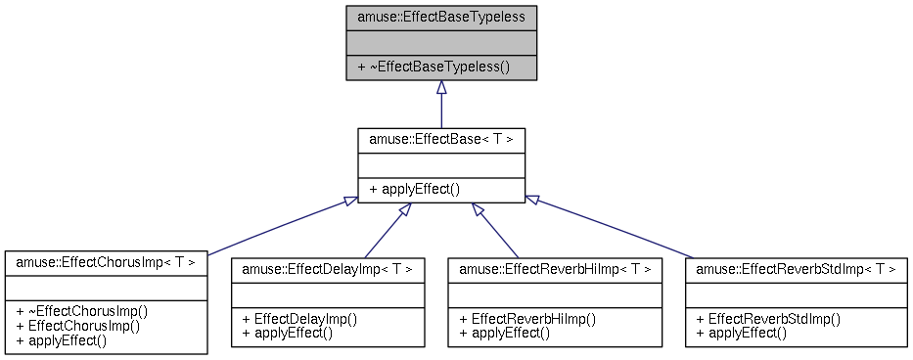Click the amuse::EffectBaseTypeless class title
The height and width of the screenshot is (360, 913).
[x=441, y=18]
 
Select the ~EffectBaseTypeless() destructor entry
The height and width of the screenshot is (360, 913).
[x=434, y=67]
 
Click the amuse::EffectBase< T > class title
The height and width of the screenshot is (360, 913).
[x=441, y=139]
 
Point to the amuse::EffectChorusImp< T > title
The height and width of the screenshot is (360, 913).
[x=106, y=262]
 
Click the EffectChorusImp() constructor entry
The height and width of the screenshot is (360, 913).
[x=78, y=326]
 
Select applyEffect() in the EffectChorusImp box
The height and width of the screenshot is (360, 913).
[x=62, y=340]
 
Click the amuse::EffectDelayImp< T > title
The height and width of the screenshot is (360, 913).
[x=327, y=268]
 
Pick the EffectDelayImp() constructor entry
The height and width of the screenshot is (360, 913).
[x=298, y=318]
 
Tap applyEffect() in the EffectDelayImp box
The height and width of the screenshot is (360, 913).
[x=288, y=333]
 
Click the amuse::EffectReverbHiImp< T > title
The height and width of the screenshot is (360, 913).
[x=555, y=268]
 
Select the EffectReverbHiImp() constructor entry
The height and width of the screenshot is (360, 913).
[x=527, y=318]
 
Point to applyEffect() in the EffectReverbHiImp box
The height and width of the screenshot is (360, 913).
[x=505, y=333]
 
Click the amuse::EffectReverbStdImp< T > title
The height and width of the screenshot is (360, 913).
[x=796, y=268]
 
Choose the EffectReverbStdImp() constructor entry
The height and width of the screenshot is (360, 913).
[x=768, y=318]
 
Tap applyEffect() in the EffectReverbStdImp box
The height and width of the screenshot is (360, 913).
[x=742, y=333]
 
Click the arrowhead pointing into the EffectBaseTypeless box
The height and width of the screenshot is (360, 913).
[x=441, y=88]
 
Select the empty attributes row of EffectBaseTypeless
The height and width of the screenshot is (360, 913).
[x=441, y=43]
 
